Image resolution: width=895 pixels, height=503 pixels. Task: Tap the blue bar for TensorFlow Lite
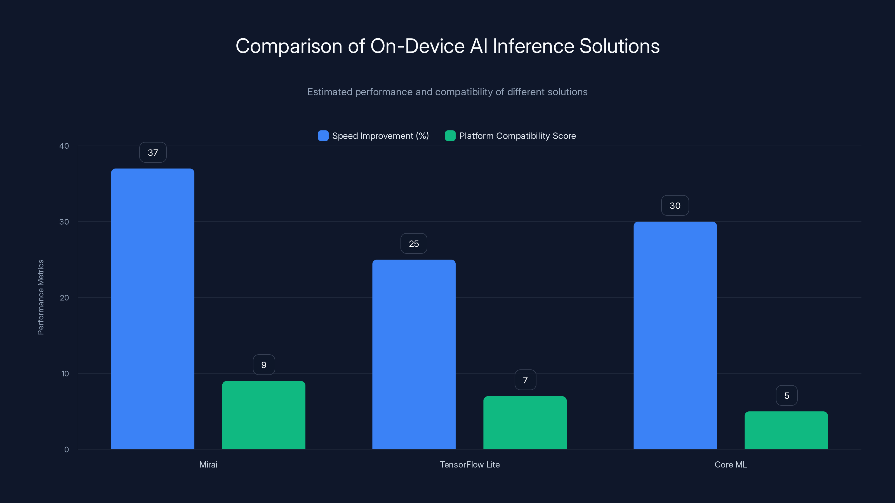pyautogui.click(x=414, y=354)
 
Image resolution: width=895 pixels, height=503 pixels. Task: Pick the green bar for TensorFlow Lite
pyautogui.click(x=525, y=423)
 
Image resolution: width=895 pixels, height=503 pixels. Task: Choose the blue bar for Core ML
pyautogui.click(x=675, y=335)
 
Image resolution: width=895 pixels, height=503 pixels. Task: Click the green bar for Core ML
pyautogui.click(x=786, y=430)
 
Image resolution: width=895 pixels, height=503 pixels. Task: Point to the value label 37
pyautogui.click(x=153, y=152)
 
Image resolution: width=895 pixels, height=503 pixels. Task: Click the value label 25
pyautogui.click(x=414, y=244)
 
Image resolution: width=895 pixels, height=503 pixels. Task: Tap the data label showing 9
pyautogui.click(x=264, y=365)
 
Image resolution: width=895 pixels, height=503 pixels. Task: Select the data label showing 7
pyautogui.click(x=525, y=380)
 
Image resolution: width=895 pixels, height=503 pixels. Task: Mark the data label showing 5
pyautogui.click(x=786, y=396)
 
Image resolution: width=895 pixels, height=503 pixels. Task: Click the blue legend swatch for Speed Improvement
pyautogui.click(x=323, y=136)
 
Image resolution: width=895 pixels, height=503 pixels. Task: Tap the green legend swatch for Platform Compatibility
pyautogui.click(x=450, y=136)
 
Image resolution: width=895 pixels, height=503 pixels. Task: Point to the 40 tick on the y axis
pyautogui.click(x=64, y=146)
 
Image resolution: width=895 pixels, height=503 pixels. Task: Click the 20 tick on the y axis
pyautogui.click(x=64, y=298)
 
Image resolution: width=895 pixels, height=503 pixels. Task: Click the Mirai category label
pyautogui.click(x=208, y=465)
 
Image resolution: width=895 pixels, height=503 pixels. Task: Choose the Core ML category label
pyautogui.click(x=731, y=465)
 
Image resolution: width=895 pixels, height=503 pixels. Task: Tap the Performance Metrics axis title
pyautogui.click(x=41, y=297)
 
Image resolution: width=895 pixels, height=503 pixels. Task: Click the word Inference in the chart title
pyautogui.click(x=533, y=46)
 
